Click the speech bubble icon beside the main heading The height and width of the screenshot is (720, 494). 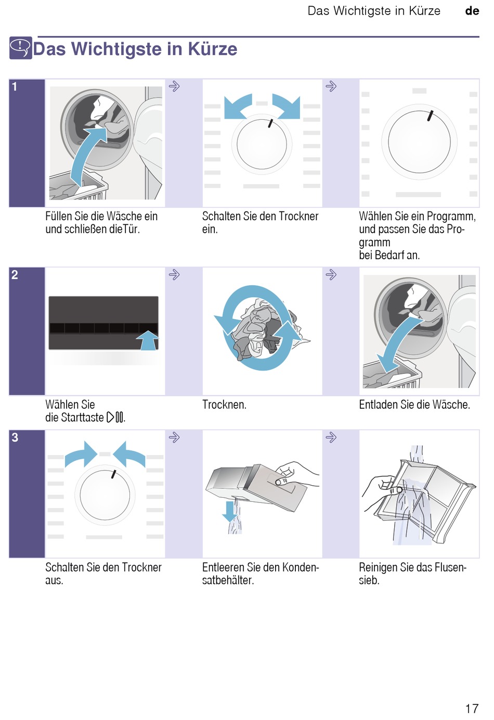[x=21, y=48]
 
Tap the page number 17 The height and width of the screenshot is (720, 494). [x=472, y=709]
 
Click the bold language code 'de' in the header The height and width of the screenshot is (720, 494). [x=472, y=11]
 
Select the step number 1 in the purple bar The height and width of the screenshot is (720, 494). [x=15, y=86]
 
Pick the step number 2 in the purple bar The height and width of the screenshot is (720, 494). [x=15, y=275]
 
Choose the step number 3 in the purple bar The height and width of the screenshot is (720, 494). [x=15, y=437]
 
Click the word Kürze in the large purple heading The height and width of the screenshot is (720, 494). [x=213, y=49]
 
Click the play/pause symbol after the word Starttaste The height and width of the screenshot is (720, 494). [x=115, y=418]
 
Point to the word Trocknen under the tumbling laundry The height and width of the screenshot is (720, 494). [x=224, y=405]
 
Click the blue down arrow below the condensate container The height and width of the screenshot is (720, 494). [x=230, y=512]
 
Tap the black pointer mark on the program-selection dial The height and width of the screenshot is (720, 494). [x=431, y=116]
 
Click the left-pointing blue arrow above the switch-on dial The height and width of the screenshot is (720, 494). [x=238, y=106]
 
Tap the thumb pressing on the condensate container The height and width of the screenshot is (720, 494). [x=282, y=481]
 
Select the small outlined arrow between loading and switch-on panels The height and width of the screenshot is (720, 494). [x=174, y=86]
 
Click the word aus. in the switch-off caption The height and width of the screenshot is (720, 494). [x=54, y=580]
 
